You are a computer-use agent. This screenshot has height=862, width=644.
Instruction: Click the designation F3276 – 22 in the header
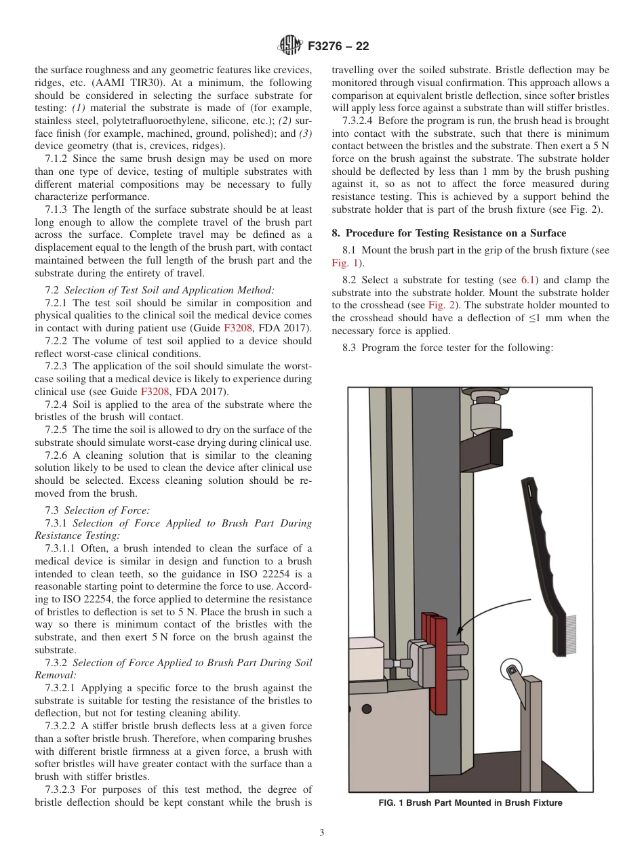[338, 46]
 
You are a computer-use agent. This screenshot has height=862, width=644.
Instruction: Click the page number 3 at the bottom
[321, 833]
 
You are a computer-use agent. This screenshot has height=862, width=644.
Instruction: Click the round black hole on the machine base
[367, 709]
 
